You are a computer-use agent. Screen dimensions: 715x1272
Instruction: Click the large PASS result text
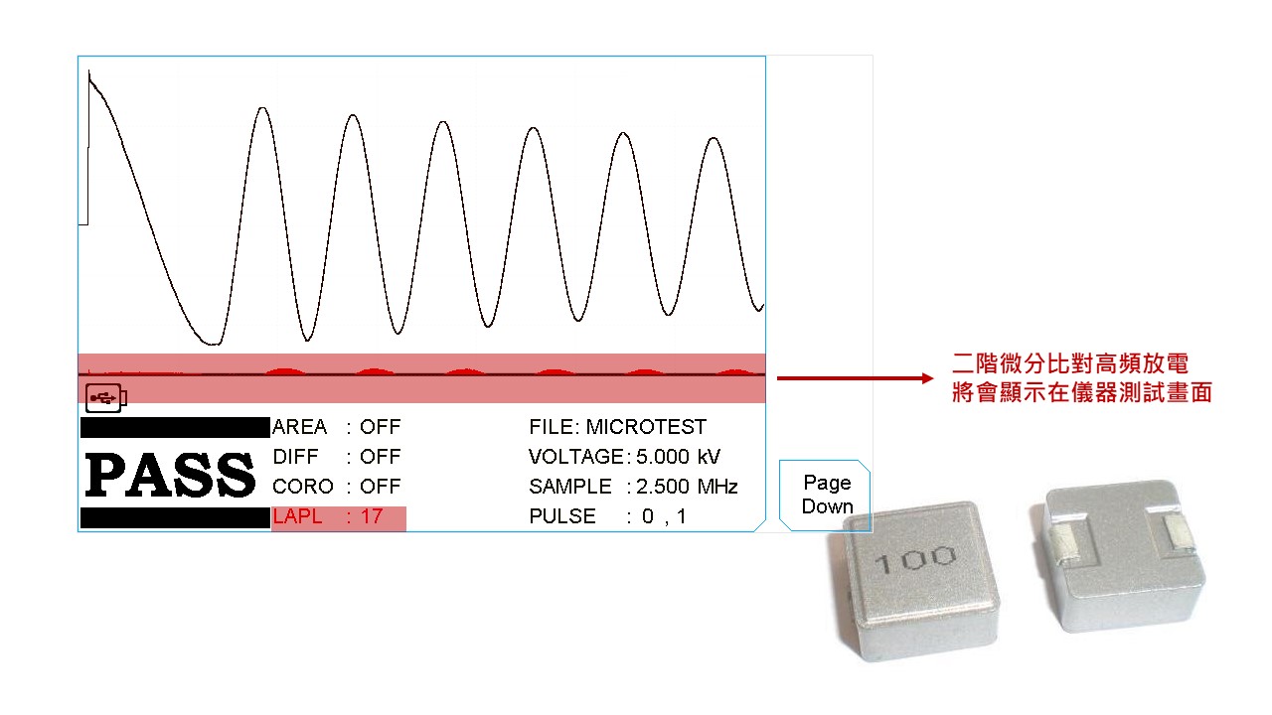click(x=171, y=475)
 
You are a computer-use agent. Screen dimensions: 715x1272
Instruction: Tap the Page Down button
click(x=827, y=495)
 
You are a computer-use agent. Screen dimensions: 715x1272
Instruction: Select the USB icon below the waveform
click(x=106, y=397)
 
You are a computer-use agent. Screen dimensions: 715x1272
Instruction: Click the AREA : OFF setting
click(x=336, y=427)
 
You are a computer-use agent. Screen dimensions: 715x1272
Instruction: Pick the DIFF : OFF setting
click(x=336, y=457)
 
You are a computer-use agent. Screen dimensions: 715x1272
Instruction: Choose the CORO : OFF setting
click(x=336, y=487)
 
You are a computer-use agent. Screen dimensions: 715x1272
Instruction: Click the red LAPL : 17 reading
click(x=328, y=516)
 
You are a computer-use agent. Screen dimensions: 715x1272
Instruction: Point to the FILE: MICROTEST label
click(x=617, y=427)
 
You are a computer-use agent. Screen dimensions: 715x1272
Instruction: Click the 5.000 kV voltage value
click(x=678, y=457)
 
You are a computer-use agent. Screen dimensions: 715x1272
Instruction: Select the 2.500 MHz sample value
click(x=687, y=487)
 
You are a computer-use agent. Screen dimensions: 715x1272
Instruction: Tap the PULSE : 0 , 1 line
click(x=607, y=516)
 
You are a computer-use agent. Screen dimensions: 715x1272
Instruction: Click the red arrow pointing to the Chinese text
click(x=855, y=378)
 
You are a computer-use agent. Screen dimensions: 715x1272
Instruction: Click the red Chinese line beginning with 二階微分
click(x=1069, y=363)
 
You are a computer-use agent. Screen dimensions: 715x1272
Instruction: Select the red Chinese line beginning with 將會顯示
click(x=1081, y=392)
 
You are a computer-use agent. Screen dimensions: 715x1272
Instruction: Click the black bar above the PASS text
click(x=174, y=428)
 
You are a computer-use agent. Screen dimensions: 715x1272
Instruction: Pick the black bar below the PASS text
click(x=174, y=517)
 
